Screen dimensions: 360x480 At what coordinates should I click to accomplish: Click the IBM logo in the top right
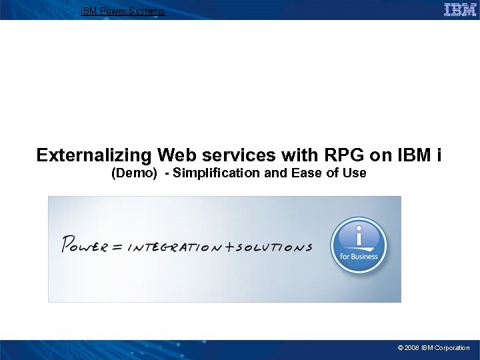point(460,9)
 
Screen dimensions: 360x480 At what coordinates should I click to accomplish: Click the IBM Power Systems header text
point(122,11)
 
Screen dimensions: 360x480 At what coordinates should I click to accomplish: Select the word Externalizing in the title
point(94,155)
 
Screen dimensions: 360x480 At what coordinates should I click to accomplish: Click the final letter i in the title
point(438,155)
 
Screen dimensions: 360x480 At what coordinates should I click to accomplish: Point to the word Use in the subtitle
point(353,173)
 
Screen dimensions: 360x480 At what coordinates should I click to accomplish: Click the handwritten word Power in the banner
point(84,245)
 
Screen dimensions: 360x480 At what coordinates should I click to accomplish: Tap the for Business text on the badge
point(359,257)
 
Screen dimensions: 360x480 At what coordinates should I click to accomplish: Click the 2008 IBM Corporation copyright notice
point(433,348)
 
